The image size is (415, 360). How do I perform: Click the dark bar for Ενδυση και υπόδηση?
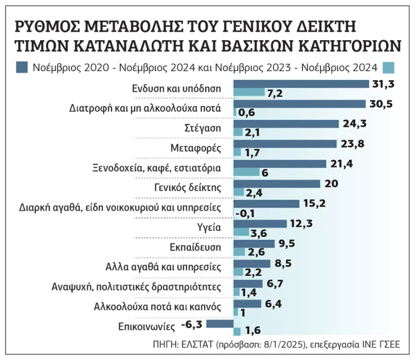[x=301, y=84]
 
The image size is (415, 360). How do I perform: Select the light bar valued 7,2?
[x=249, y=93]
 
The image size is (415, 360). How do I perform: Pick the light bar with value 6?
[x=247, y=172]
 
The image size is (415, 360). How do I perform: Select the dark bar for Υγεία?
[x=260, y=223]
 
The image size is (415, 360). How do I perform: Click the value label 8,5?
[x=281, y=263]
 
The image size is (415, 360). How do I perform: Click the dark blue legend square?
[x=23, y=67]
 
